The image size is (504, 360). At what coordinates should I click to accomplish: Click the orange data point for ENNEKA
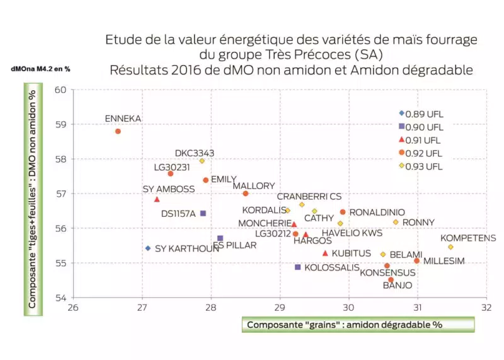118,131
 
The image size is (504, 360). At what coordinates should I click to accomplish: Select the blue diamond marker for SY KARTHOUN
148,248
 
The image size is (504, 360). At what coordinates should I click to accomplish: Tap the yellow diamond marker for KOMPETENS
450,247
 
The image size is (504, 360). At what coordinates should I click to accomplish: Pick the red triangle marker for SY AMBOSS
157,199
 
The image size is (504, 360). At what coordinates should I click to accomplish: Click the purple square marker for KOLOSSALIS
298,267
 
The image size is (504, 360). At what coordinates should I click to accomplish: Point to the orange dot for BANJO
391,280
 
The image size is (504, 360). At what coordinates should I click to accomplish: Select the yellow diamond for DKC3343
202,161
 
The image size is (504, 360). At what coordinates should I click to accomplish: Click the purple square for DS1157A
203,214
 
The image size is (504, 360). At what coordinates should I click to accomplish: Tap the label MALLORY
254,186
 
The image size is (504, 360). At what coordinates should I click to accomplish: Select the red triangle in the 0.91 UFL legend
401,139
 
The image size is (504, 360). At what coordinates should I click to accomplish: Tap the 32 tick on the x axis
486,308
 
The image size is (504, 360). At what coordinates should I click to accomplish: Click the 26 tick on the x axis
73,308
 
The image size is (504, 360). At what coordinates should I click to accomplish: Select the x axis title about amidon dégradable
345,325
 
